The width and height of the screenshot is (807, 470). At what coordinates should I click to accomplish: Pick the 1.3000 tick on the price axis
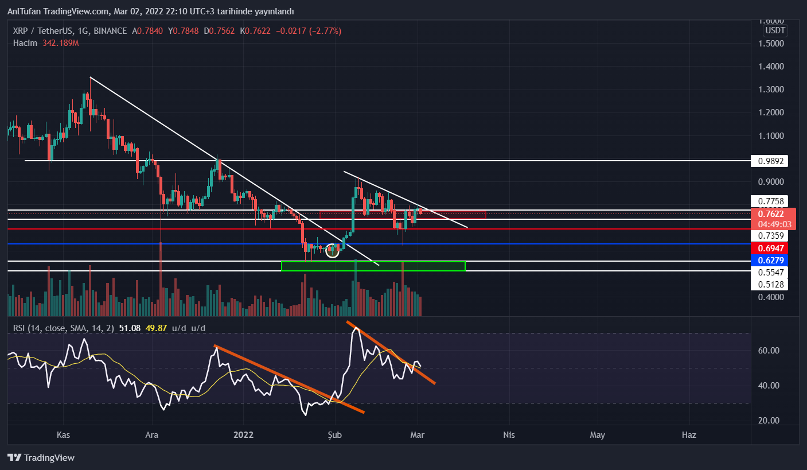pos(771,90)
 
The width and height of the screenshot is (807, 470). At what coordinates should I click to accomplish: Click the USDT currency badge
pos(775,30)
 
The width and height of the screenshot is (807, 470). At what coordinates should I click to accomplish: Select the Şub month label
pos(334,435)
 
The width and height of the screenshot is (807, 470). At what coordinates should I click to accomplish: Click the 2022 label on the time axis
pos(244,435)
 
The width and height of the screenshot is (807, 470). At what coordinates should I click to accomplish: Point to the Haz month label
pos(689,435)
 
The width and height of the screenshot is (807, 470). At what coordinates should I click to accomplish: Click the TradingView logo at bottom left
pos(41,458)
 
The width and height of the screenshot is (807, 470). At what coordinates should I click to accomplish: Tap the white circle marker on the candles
pos(332,251)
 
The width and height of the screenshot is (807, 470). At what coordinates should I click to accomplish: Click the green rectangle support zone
pos(373,266)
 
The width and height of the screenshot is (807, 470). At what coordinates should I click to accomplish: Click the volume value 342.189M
pos(60,43)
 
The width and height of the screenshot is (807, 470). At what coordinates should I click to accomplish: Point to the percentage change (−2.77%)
pos(326,30)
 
